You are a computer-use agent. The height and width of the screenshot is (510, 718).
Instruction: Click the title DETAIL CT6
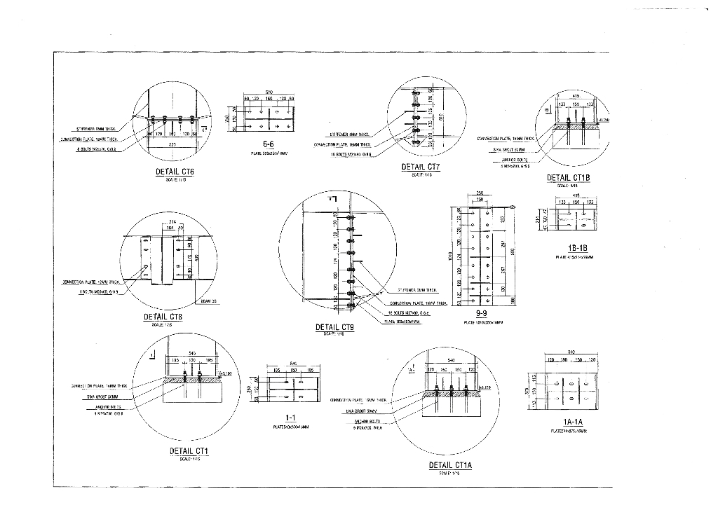[x=175, y=172]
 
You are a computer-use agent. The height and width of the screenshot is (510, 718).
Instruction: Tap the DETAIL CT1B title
[x=568, y=178]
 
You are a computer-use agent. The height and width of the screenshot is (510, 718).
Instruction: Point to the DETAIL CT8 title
[x=163, y=317]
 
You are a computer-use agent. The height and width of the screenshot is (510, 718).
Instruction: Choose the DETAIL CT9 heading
[x=335, y=327]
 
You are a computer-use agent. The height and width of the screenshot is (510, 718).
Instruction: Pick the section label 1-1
[x=291, y=417]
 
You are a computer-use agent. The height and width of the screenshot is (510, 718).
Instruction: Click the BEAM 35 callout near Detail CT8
[x=208, y=301]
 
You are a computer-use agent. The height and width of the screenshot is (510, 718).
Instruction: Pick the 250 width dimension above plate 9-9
[x=480, y=193]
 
